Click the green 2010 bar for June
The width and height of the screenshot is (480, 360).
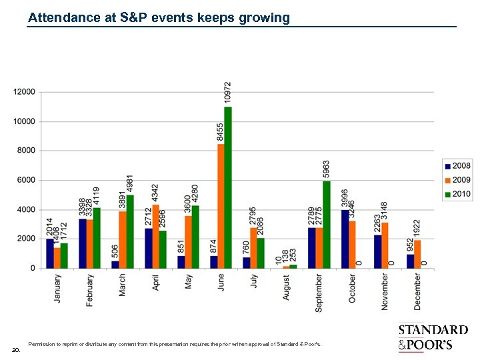pos(228,187)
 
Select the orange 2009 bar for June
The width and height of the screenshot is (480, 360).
pos(221,206)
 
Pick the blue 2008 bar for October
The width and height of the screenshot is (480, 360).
pos(345,239)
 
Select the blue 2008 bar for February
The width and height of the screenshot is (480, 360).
pos(83,243)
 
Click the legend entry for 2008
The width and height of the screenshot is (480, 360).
pos(458,166)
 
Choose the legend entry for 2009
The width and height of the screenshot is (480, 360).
pos(458,180)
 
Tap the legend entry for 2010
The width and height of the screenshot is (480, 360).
pos(458,195)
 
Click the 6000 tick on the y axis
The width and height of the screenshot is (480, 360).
pos(27,180)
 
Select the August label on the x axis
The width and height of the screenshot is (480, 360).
pos(287,287)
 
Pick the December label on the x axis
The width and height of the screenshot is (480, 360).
pos(417,291)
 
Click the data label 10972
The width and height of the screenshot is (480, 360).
pos(228,93)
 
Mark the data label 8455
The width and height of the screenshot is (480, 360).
pos(221,131)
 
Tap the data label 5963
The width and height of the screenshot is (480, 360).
pos(326,169)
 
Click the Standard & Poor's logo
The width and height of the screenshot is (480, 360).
pos(433,337)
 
